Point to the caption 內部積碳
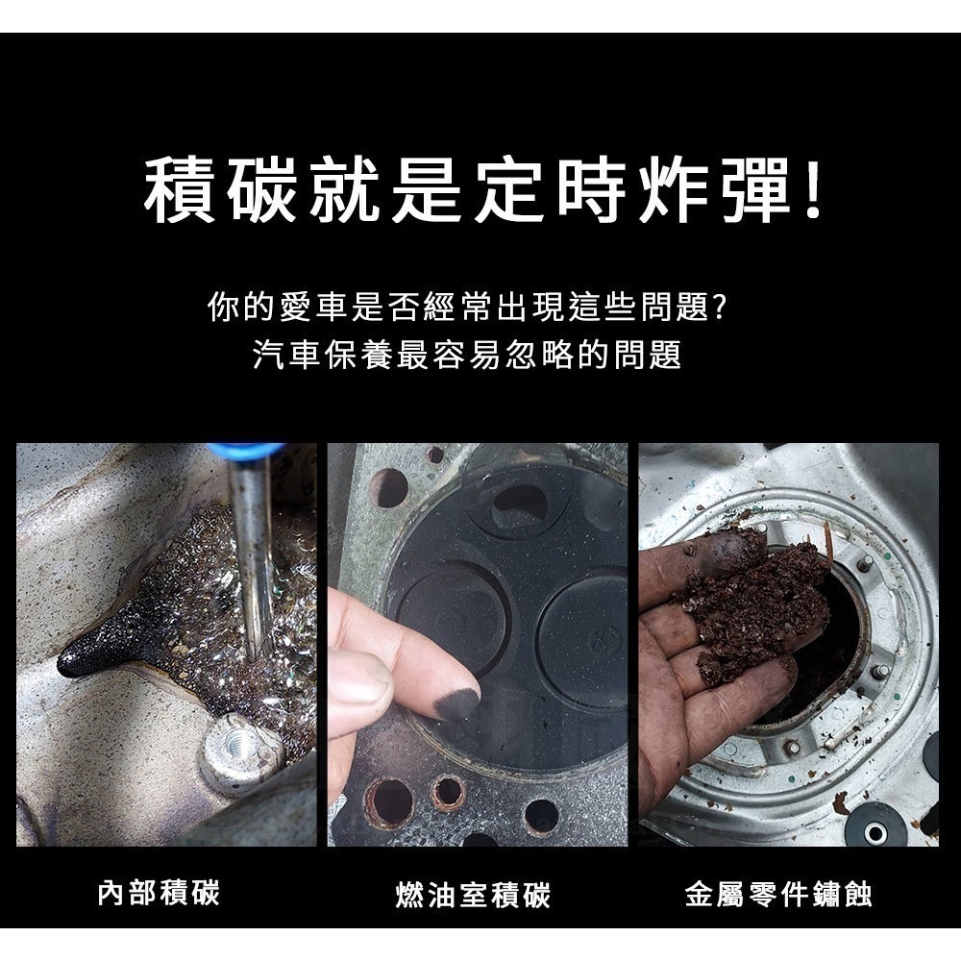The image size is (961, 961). (159, 893)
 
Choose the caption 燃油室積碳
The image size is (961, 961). (473, 896)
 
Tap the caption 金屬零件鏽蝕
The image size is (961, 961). (778, 896)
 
